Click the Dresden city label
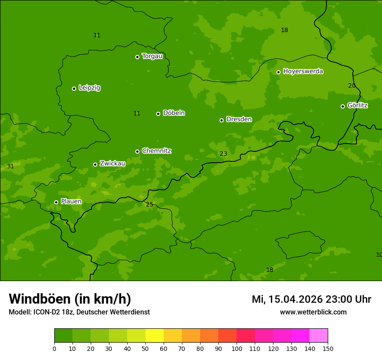(239, 119)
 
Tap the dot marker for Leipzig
(74, 88)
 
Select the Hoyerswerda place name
(303, 71)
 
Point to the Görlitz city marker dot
(342, 106)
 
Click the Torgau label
(152, 56)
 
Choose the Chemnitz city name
(156, 151)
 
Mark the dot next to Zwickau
(95, 164)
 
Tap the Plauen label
(71, 201)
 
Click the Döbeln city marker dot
(158, 114)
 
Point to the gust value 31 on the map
(10, 166)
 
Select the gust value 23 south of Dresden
(223, 154)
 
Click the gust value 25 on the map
(149, 204)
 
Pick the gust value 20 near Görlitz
(352, 85)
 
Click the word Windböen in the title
(39, 299)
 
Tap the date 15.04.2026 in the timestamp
(295, 299)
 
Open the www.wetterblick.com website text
(313, 312)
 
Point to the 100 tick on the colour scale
(237, 348)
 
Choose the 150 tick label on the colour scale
(328, 348)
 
